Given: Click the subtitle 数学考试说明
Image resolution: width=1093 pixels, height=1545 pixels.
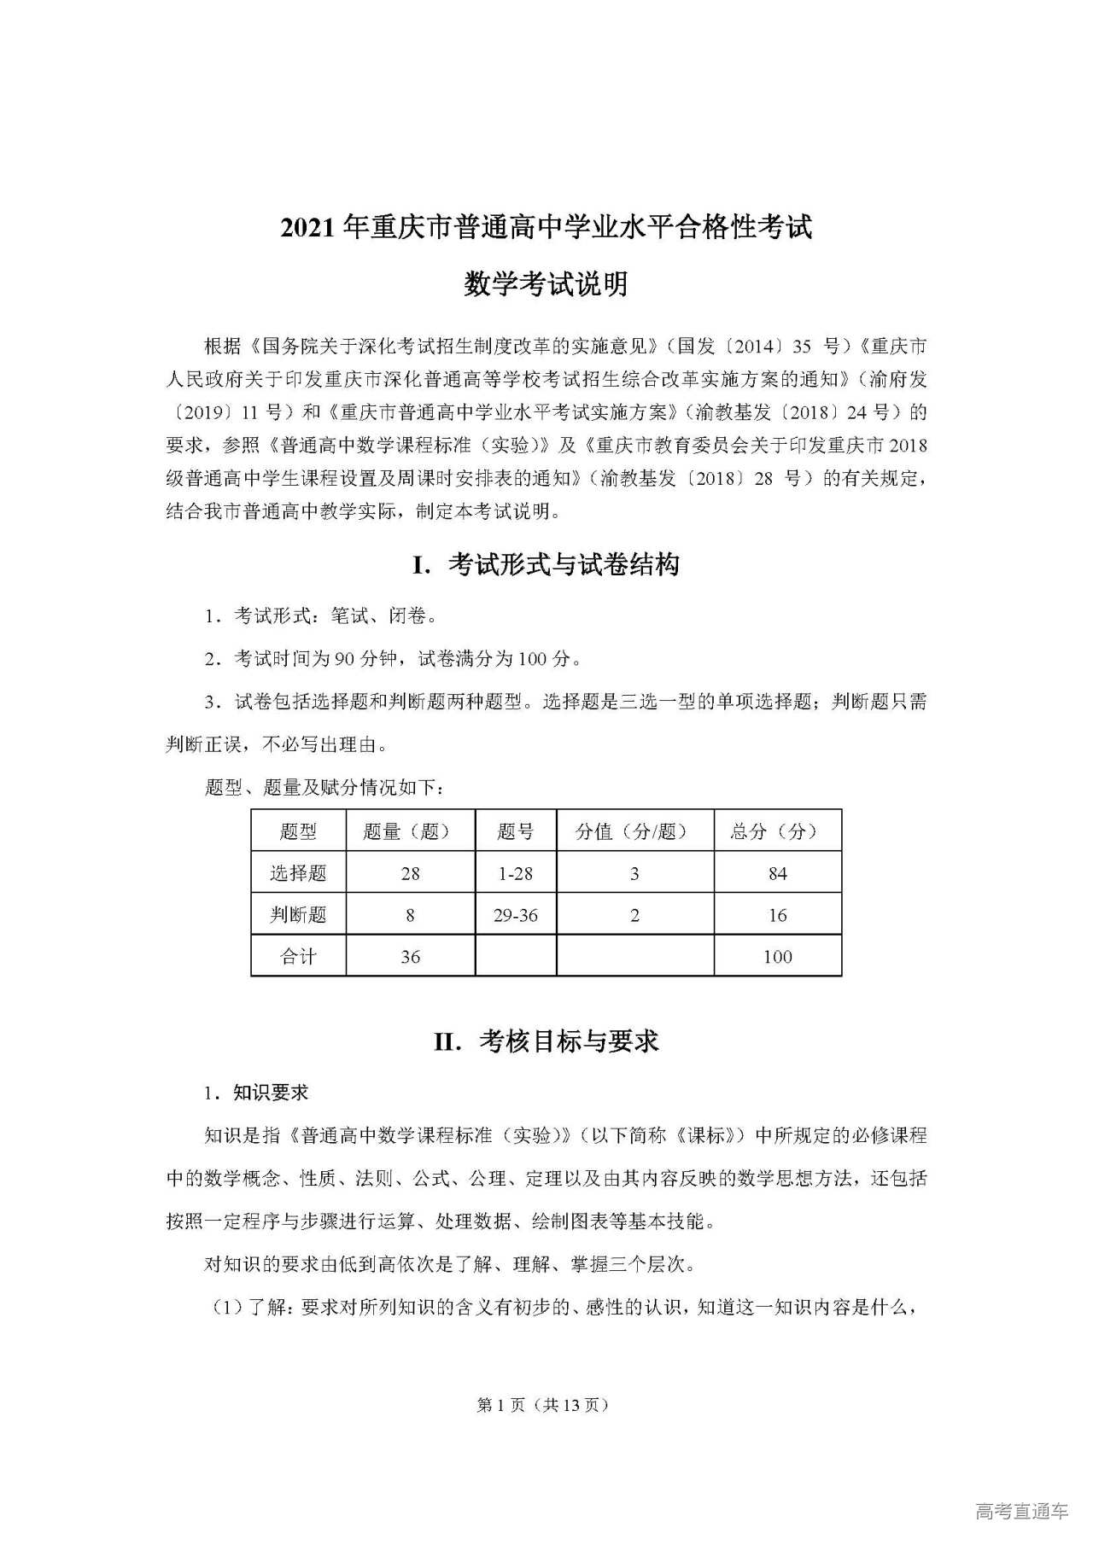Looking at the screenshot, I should [x=546, y=284].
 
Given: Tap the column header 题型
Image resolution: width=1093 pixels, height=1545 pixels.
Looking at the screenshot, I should [x=298, y=831].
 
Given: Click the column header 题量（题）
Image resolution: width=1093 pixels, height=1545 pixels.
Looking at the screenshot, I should [x=410, y=831].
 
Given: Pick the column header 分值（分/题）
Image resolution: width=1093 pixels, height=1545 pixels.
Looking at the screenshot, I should [x=634, y=831].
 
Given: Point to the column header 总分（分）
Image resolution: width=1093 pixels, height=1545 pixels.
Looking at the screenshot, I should [x=777, y=831].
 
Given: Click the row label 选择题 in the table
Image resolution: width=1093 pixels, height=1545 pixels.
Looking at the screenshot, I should [x=298, y=873].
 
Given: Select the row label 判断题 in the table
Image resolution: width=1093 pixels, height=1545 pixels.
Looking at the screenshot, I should [x=298, y=915].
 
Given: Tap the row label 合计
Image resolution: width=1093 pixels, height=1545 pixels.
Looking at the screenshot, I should [x=298, y=957].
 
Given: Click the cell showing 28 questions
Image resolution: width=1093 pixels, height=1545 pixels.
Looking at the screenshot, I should [x=410, y=873].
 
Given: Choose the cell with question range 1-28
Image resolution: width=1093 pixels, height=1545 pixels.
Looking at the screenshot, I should [x=516, y=873].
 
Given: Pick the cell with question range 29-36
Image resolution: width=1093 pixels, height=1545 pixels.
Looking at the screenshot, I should [x=516, y=915].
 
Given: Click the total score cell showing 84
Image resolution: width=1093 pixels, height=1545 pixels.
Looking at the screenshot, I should [x=777, y=873].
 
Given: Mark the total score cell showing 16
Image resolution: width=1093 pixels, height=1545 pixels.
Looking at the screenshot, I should [x=777, y=915].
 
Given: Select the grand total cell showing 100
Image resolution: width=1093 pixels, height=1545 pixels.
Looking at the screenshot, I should [x=777, y=957].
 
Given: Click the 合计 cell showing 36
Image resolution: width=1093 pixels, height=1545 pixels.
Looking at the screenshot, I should [x=410, y=957].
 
